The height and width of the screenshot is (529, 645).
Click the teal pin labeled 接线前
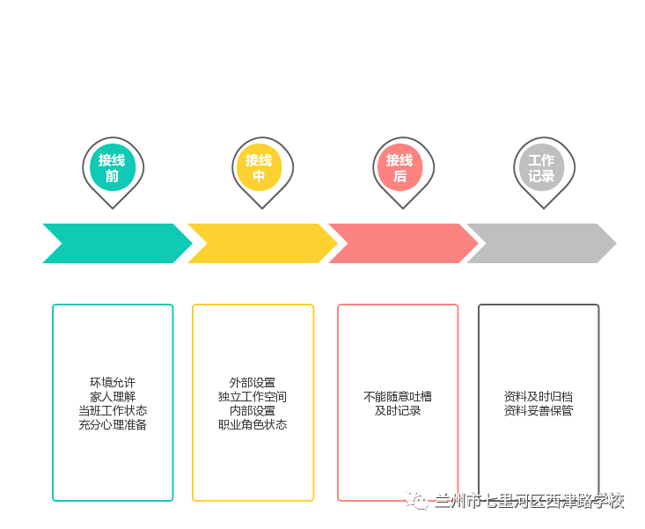[113, 168]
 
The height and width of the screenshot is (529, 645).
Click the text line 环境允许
[113, 383]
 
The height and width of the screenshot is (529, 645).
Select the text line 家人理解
[113, 397]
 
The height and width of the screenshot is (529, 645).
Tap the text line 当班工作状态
[113, 411]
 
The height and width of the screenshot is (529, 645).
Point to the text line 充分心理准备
[113, 425]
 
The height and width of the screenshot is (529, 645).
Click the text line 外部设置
[253, 383]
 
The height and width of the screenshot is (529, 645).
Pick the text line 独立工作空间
[253, 397]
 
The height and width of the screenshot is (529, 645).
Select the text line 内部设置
[253, 411]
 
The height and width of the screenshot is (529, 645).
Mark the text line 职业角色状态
[253, 425]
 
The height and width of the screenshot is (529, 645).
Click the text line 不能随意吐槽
[398, 397]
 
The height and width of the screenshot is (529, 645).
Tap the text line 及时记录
[398, 411]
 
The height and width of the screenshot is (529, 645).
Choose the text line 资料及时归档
[539, 397]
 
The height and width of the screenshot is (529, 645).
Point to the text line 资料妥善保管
[539, 411]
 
